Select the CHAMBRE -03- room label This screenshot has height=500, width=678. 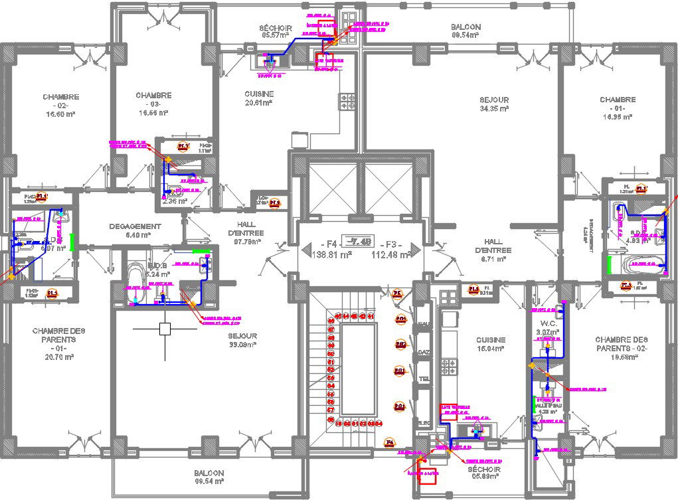click(153, 104)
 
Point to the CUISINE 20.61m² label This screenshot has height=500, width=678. click(259, 98)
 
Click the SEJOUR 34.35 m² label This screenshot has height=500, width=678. click(494, 104)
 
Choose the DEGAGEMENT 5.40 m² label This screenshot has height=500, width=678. click(135, 230)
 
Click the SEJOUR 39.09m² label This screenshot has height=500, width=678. click(243, 340)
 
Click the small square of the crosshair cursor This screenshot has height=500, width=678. click(165, 328)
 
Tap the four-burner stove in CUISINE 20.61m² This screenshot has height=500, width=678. click(348, 101)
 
